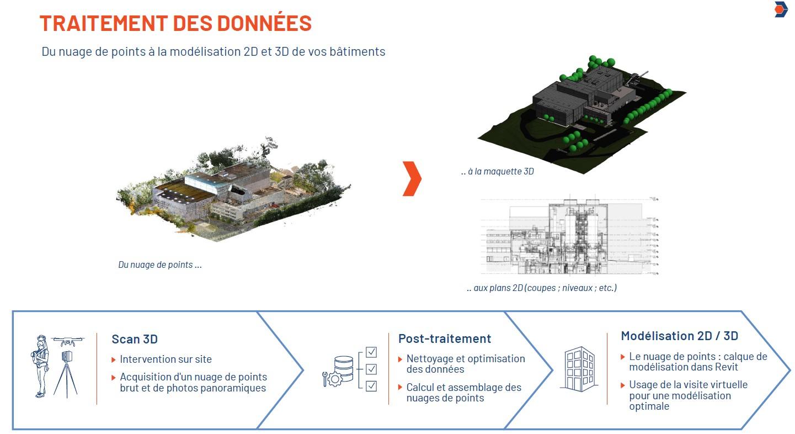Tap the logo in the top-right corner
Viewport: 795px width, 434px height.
click(x=781, y=10)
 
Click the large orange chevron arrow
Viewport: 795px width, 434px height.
click(x=412, y=179)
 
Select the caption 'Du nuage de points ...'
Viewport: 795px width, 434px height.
click(x=160, y=264)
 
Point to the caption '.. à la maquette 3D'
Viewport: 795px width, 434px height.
click(x=498, y=172)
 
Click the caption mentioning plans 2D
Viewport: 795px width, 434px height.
click(x=542, y=288)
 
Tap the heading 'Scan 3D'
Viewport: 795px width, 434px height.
click(x=135, y=339)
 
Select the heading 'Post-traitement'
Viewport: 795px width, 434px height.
click(x=445, y=338)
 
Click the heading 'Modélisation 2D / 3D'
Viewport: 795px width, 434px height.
click(x=680, y=336)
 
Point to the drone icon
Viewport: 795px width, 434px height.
click(x=68, y=341)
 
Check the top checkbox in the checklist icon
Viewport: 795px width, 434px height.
click(x=371, y=352)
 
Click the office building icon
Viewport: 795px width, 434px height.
click(x=578, y=369)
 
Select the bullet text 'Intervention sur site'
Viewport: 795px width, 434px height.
click(x=166, y=359)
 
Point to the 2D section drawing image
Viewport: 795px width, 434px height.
click(x=568, y=236)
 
